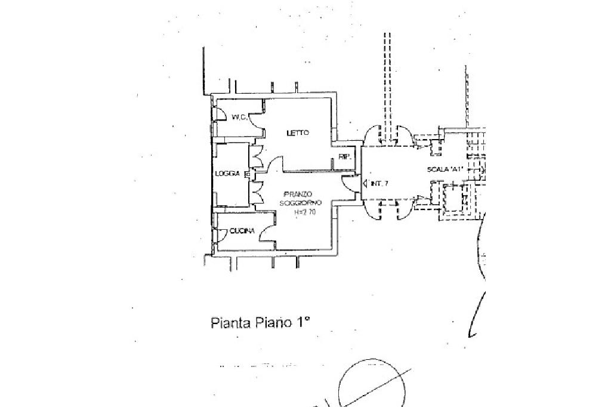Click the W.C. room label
point(240,118)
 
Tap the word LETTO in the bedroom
point(297,132)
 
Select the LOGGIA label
point(227,174)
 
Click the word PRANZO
point(297,195)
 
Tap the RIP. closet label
point(344,157)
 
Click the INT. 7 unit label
point(379,184)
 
